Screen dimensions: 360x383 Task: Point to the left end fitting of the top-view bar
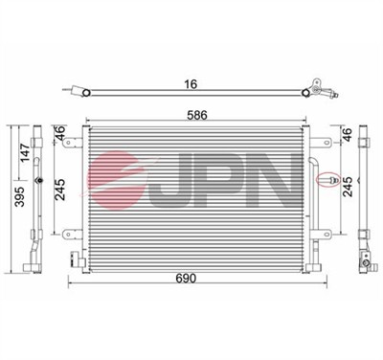point(77,93)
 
